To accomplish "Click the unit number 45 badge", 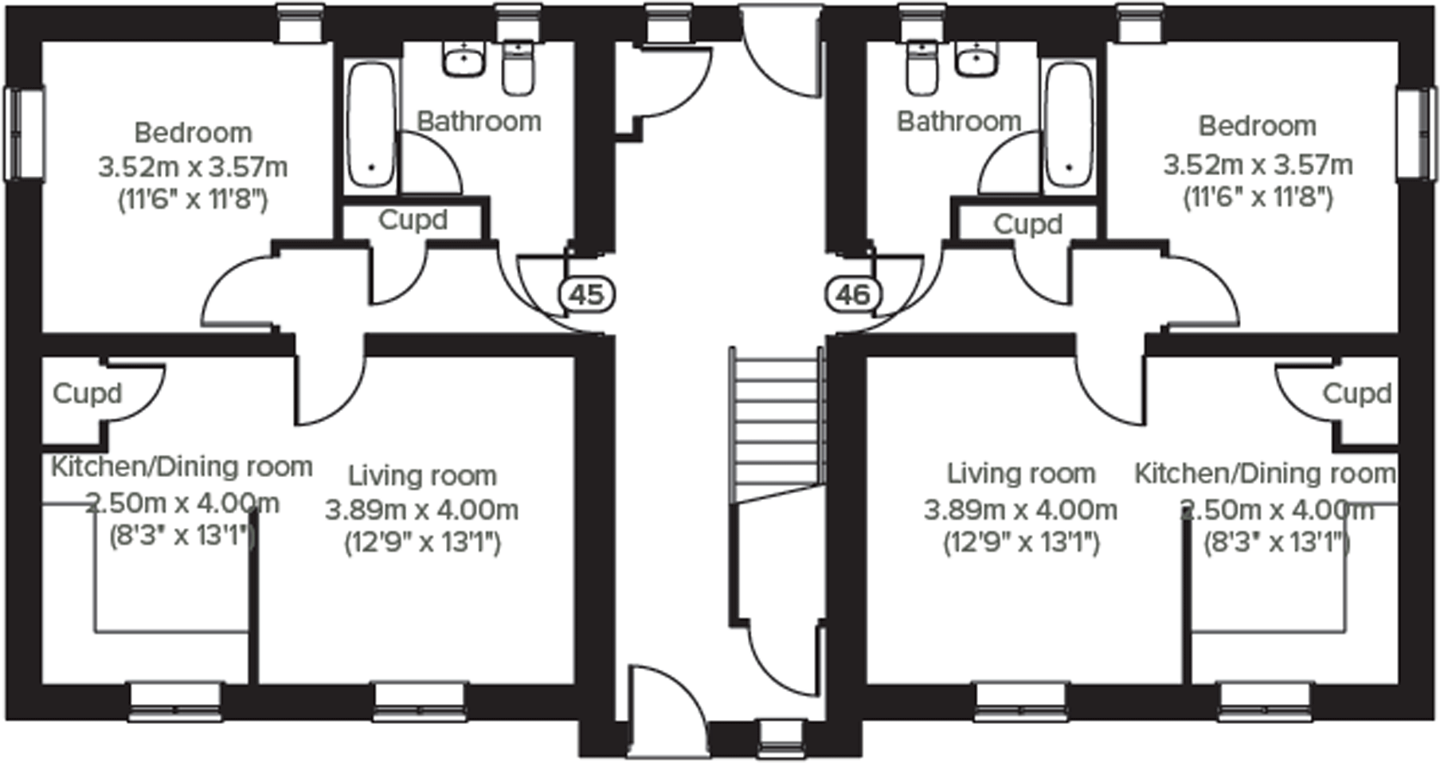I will [x=587, y=295].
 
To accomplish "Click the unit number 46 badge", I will [x=853, y=295].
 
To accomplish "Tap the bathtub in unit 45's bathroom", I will [x=371, y=126].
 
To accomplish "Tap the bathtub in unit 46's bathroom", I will [x=1068, y=126].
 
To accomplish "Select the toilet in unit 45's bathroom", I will [x=518, y=67].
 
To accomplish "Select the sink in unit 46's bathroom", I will [x=976, y=60].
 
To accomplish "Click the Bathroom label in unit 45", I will [x=479, y=121].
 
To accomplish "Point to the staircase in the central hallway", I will [x=777, y=422].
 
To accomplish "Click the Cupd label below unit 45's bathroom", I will [x=412, y=220].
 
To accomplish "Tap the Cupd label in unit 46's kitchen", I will [x=1356, y=393].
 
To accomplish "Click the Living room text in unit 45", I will [x=422, y=475].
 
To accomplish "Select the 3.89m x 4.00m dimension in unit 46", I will [x=1020, y=509].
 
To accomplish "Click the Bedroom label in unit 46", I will [x=1257, y=126].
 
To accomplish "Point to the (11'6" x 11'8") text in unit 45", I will [x=193, y=200].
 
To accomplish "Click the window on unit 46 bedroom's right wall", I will [x=1418, y=134].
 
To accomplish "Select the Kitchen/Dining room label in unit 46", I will [x=1265, y=473].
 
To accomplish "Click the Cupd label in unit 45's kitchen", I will [x=88, y=393].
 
